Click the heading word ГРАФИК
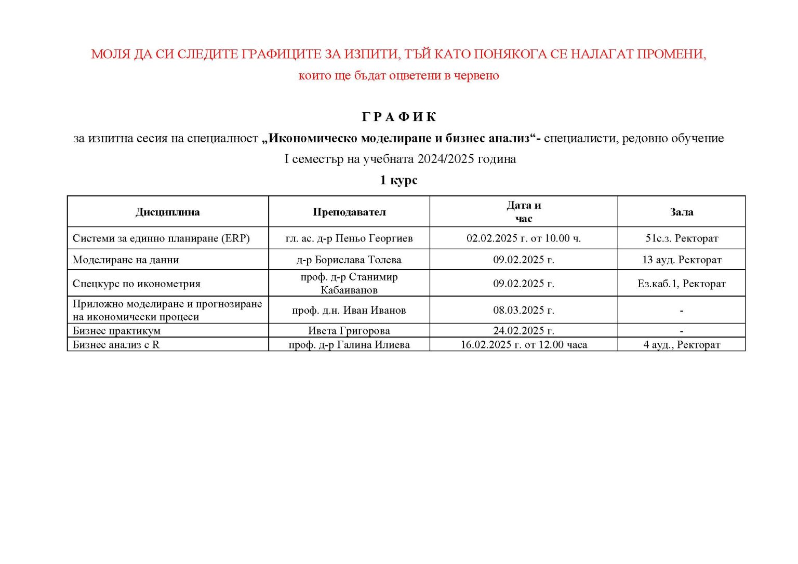pos(398,117)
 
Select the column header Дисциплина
pos(167,212)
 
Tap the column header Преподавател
pos(349,212)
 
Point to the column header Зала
pos(681,212)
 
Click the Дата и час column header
pos(524,212)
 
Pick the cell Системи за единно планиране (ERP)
pos(161,238)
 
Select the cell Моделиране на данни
pos(126,260)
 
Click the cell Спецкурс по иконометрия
pos(137,284)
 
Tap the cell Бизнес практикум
pos(116,331)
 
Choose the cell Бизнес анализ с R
pos(116,345)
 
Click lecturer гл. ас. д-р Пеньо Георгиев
pos(349,238)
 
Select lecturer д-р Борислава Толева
pos(349,260)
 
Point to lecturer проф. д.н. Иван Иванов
pos(349,311)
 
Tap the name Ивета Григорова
pos(349,331)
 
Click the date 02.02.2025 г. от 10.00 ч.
pos(524,238)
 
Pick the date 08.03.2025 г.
pos(524,311)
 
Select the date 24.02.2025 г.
pos(524,331)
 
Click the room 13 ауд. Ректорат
pos(682,260)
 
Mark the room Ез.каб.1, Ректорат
pos(682,284)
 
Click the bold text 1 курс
pos(398,180)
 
